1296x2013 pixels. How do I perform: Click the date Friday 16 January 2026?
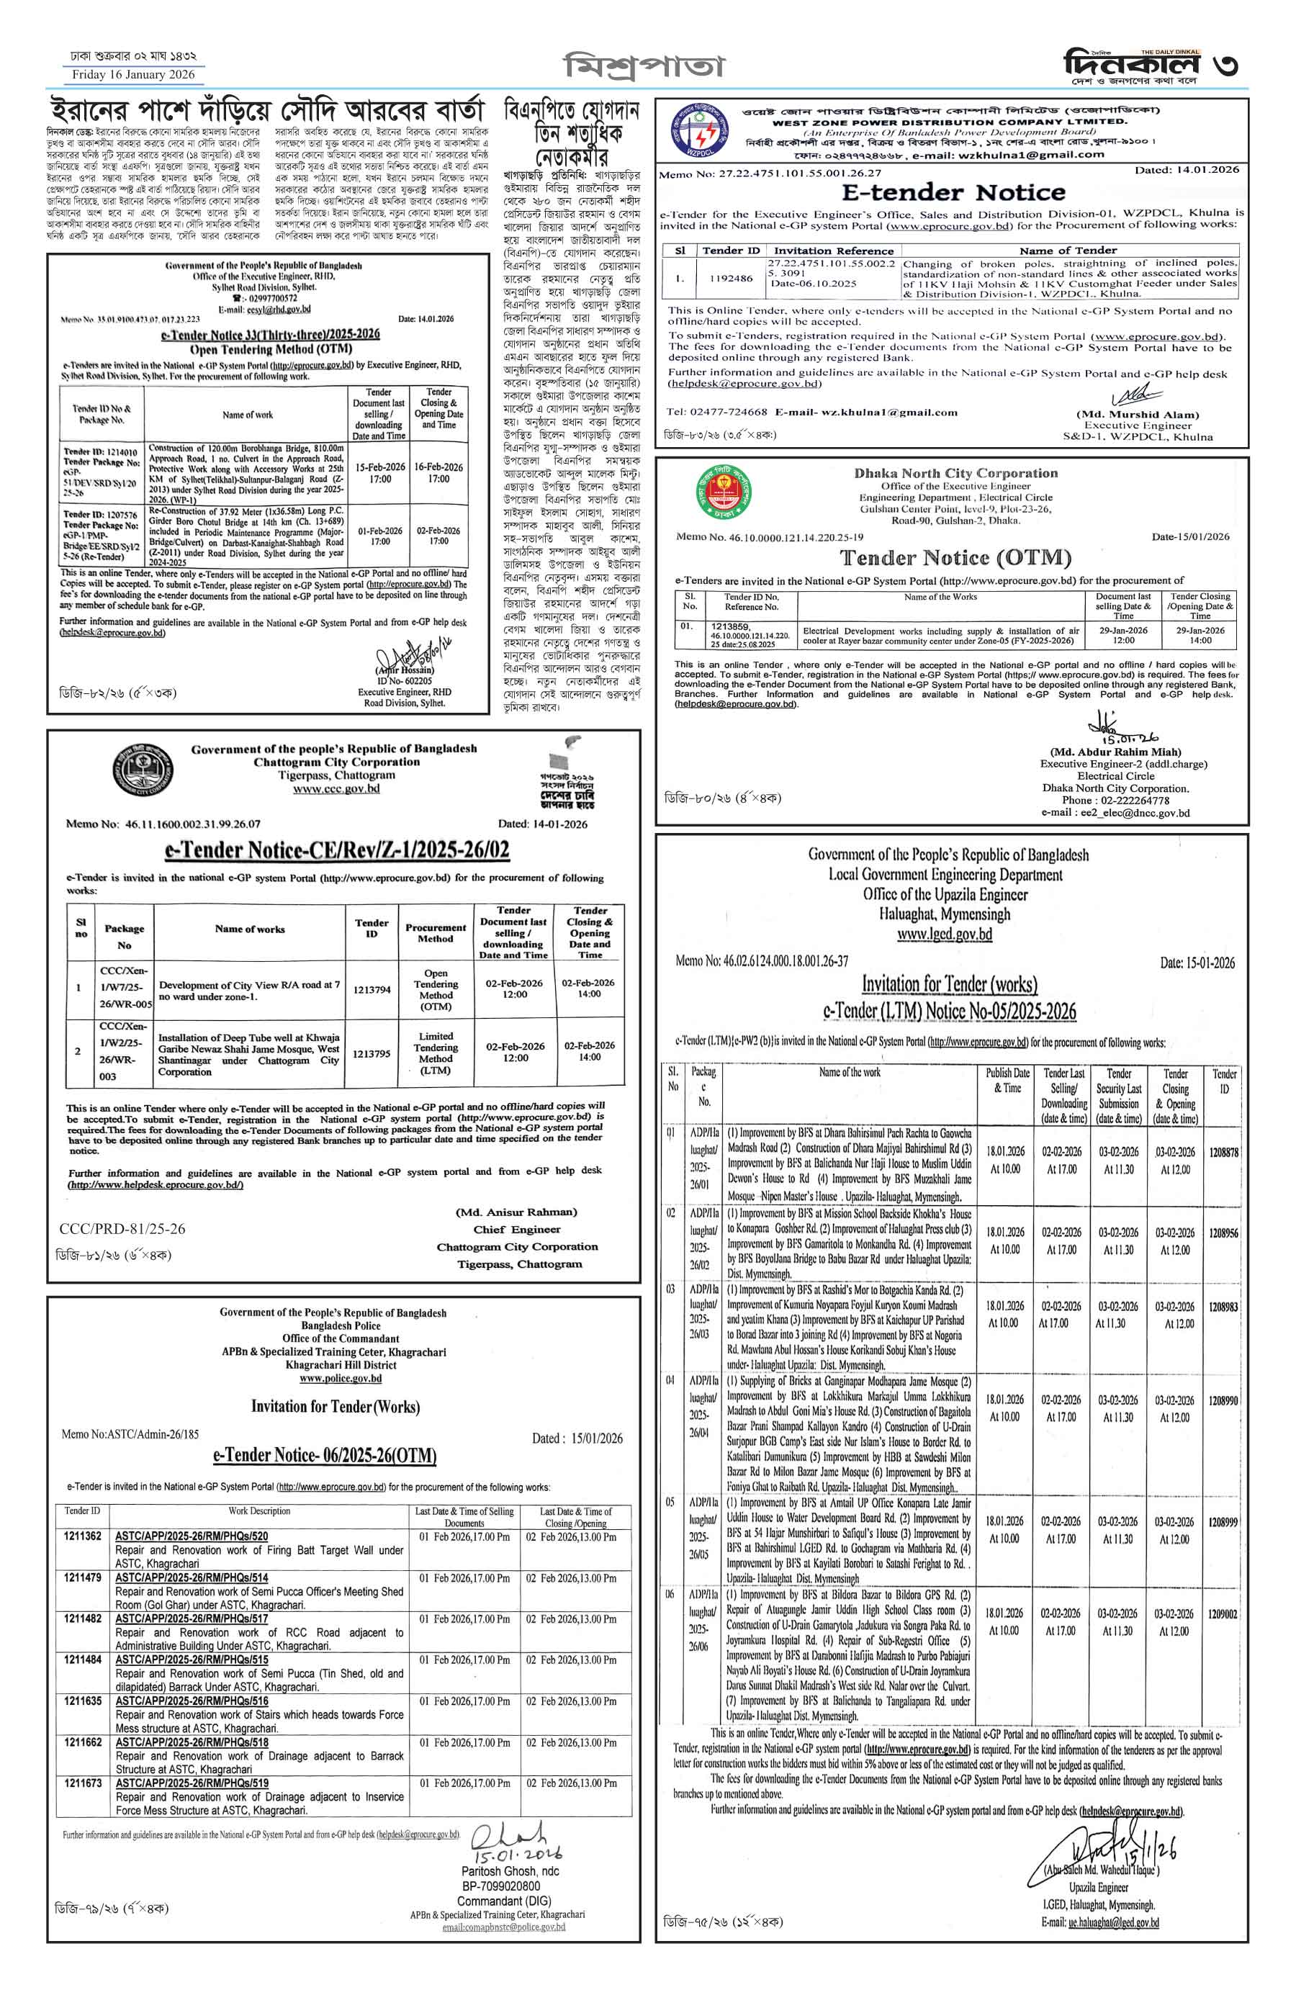pyautogui.click(x=133, y=75)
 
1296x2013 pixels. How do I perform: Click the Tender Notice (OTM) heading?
pyautogui.click(x=956, y=558)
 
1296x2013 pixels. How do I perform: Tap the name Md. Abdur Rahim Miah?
pyautogui.click(x=1115, y=752)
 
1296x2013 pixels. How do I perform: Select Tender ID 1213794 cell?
pyautogui.click(x=371, y=990)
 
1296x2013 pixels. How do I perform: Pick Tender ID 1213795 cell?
pyautogui.click(x=371, y=1053)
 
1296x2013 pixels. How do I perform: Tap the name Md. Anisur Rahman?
pyautogui.click(x=516, y=1212)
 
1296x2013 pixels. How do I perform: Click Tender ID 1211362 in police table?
pyautogui.click(x=83, y=1536)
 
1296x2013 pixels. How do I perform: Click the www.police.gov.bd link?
pyautogui.click(x=340, y=1379)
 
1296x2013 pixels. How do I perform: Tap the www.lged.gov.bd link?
pyautogui.click(x=944, y=934)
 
